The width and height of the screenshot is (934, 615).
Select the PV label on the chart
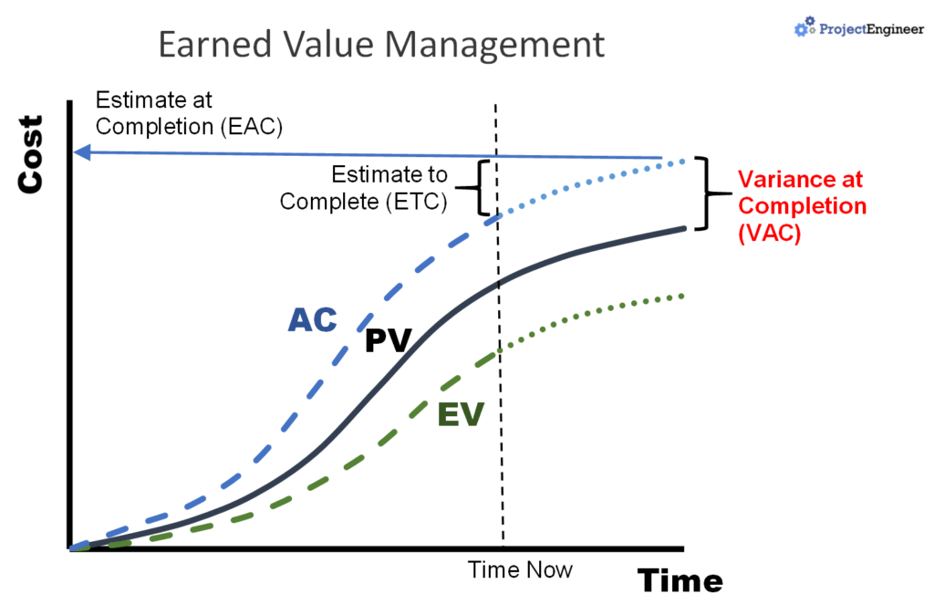point(389,341)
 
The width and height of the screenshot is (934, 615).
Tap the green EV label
point(460,414)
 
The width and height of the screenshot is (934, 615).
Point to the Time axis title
point(680,580)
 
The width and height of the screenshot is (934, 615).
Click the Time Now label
point(520,570)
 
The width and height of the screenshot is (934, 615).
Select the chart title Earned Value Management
point(381,44)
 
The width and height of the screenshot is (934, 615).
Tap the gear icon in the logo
point(802,28)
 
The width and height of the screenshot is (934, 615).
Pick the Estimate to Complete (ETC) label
point(365,188)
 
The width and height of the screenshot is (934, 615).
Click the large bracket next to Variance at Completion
point(704,193)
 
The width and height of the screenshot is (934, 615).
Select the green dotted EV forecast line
point(593,312)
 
